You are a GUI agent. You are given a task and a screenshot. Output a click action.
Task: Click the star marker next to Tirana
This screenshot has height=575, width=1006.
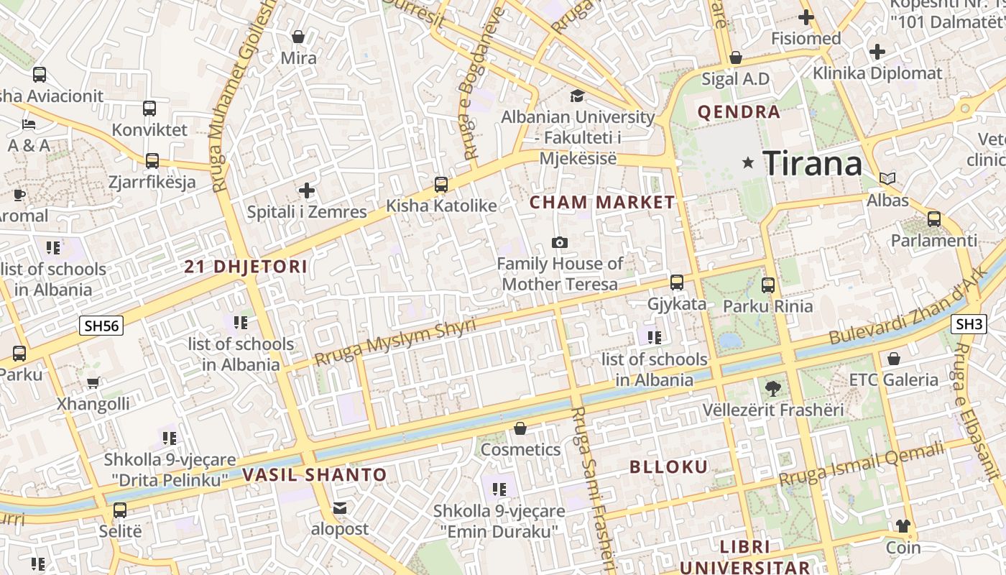point(748,163)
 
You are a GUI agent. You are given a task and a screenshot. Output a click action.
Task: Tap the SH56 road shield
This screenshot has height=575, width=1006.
point(101,326)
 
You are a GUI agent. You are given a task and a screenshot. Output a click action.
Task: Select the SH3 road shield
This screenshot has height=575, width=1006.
point(969,324)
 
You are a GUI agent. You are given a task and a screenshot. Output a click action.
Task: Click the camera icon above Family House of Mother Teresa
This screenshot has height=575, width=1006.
point(559,243)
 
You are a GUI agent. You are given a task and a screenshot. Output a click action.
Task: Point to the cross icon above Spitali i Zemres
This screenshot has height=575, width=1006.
point(307,190)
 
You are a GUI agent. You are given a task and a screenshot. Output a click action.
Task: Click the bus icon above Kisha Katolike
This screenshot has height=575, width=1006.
point(441,185)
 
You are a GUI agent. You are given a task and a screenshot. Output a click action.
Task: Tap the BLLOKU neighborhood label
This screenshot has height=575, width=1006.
point(668,467)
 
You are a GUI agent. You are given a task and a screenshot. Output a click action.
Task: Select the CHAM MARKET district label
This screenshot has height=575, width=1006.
point(602,203)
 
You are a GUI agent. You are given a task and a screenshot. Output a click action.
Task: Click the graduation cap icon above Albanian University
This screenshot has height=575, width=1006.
point(577,96)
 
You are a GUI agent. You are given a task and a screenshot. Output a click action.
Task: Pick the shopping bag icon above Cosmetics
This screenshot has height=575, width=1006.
point(520,429)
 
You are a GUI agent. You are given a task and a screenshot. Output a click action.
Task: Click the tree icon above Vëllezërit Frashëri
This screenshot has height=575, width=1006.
point(772,389)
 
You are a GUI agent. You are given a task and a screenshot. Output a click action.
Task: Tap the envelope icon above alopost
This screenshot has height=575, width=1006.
point(340,509)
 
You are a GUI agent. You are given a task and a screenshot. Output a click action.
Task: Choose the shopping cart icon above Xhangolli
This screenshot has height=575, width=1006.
point(93,383)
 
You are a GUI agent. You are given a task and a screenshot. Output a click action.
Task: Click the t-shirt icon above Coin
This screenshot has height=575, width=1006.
point(903,526)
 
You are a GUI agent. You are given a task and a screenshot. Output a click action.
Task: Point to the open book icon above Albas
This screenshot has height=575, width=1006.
point(887,179)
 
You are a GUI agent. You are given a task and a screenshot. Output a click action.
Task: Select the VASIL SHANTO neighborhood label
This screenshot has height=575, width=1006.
point(314,475)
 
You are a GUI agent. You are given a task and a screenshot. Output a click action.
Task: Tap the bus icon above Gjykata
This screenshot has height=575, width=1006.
point(676,282)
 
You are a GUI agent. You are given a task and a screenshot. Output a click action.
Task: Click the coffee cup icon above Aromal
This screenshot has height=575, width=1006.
point(19,195)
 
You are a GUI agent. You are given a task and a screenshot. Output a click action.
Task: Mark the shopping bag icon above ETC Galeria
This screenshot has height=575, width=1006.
point(893,358)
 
